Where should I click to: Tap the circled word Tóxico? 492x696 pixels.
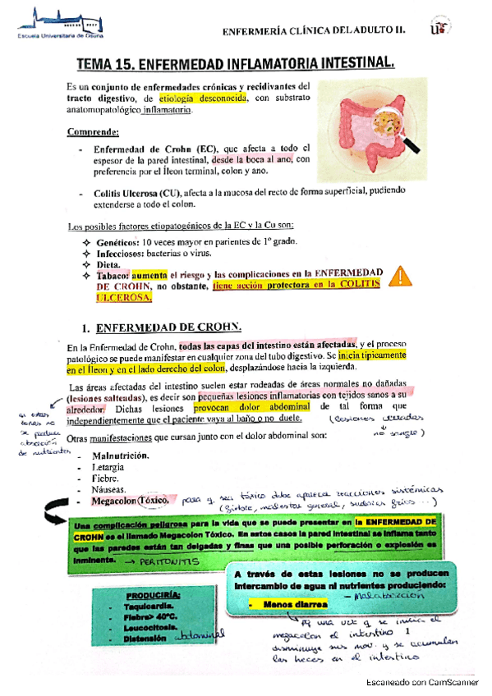(x=156, y=501)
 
